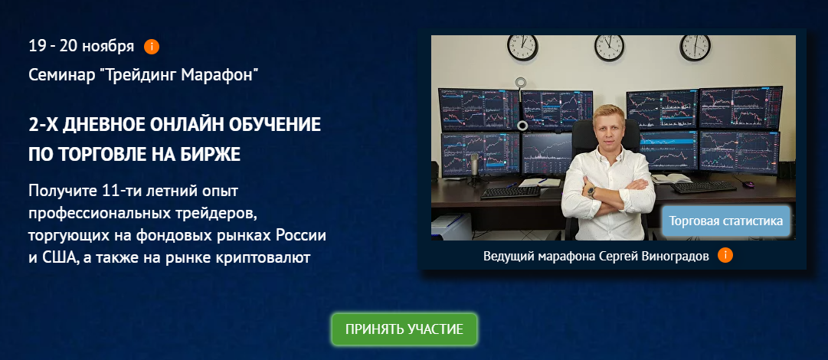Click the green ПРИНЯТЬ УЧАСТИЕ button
click(404, 329)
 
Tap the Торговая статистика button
click(726, 221)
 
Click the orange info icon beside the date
click(152, 47)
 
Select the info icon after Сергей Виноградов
click(725, 256)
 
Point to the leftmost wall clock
click(522, 47)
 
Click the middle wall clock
click(609, 47)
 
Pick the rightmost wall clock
click(695, 47)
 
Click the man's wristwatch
click(591, 191)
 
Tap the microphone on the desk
click(475, 166)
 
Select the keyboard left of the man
click(511, 192)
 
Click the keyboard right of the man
click(703, 187)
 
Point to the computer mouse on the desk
click(748, 185)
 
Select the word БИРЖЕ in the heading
click(213, 154)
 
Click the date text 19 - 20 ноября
click(81, 47)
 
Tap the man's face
click(608, 126)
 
